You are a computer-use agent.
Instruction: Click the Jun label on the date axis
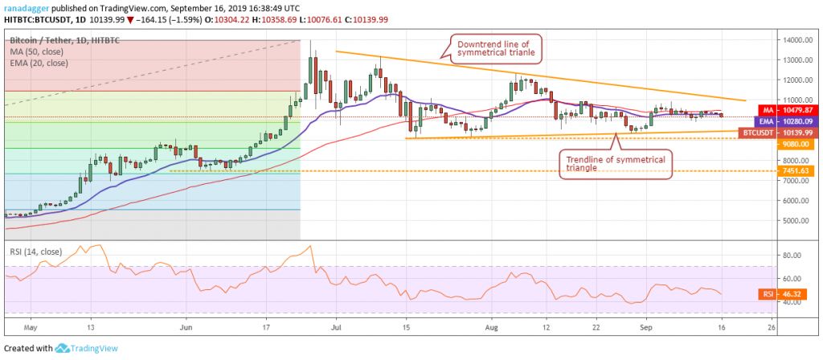pyautogui.click(x=186, y=328)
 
